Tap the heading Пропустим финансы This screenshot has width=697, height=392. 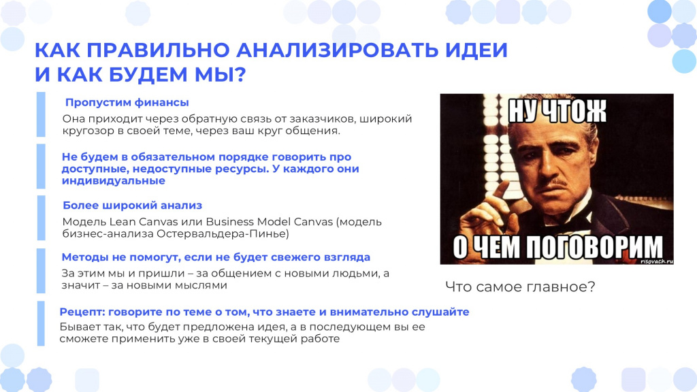(127, 103)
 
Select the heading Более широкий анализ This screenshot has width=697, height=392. (133, 206)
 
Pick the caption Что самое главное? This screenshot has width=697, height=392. (520, 287)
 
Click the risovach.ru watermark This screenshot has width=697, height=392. (657, 261)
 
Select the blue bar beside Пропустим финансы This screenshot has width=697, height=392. (41, 114)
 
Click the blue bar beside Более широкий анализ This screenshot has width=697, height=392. (41, 218)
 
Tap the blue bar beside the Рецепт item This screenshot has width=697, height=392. (41, 323)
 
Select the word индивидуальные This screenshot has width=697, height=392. (114, 181)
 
